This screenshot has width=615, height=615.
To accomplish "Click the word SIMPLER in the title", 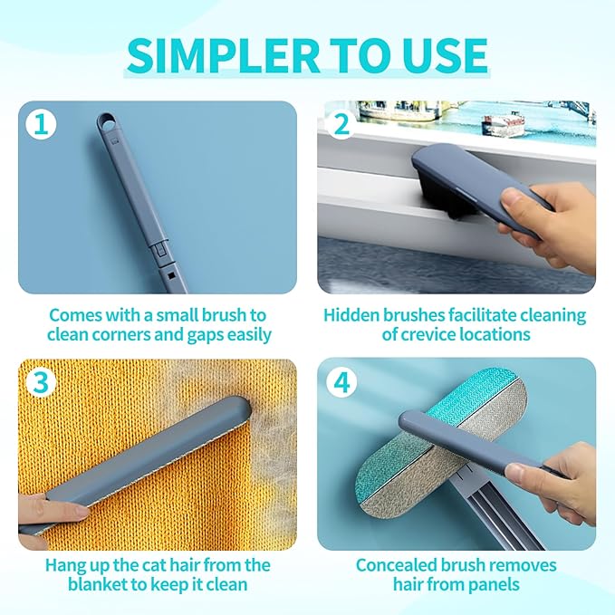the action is (223, 55).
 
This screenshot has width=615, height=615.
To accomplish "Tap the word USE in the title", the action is (444, 55).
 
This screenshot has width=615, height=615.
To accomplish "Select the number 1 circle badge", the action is (41, 124).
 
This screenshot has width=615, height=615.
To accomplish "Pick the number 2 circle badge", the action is (341, 124).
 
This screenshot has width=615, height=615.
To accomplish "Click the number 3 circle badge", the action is (41, 381).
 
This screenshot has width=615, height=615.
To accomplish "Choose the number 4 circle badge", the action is (341, 381).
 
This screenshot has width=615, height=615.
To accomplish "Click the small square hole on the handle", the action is (170, 275).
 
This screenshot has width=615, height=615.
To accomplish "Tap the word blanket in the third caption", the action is (98, 584).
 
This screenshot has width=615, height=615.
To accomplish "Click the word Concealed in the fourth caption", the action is (396, 565).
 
